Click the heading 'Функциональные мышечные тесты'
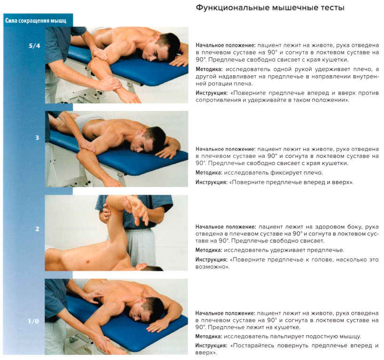point(270,8)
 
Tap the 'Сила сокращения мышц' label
point(35,21)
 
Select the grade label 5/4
point(34,47)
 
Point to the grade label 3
point(37,138)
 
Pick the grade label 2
point(37,229)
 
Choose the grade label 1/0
point(34,321)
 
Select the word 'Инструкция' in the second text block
point(212,182)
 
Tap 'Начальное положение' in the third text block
point(226,227)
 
